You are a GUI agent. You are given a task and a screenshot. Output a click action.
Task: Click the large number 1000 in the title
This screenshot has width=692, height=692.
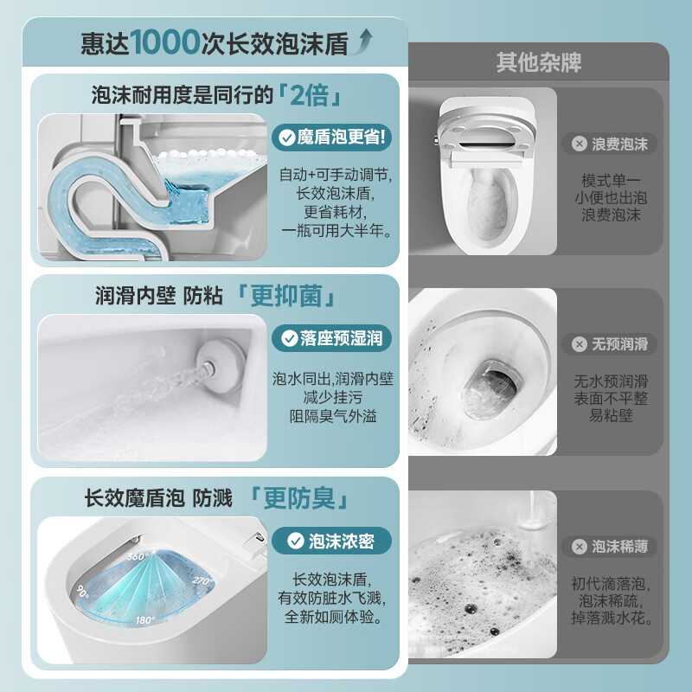(165, 42)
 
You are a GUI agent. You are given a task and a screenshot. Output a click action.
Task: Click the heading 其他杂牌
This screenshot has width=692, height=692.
(538, 62)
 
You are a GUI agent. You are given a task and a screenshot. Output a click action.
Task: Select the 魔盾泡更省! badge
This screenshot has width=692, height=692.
(332, 138)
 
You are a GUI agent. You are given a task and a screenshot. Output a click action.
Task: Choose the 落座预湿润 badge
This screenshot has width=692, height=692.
(332, 338)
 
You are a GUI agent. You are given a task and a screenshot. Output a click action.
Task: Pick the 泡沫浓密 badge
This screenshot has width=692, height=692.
(332, 541)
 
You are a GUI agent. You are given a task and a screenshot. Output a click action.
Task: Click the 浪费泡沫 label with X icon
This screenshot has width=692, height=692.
(610, 144)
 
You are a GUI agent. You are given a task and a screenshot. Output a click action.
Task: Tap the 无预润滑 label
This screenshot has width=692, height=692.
(610, 343)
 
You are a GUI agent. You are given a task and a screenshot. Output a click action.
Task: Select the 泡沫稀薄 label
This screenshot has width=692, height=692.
(610, 547)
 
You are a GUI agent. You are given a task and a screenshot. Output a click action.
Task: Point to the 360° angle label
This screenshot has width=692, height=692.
(138, 556)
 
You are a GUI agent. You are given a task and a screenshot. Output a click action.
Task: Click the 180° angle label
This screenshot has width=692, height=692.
(145, 620)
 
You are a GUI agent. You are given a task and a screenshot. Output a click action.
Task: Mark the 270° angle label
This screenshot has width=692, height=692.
(202, 580)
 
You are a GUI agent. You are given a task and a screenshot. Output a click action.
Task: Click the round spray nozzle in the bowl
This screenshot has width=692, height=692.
(220, 366)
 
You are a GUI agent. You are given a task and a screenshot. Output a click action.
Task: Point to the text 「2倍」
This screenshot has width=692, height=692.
(310, 95)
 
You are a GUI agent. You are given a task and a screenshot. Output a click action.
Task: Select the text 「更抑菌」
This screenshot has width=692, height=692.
(286, 296)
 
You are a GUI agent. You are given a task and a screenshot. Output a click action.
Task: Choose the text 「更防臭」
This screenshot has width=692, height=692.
(299, 498)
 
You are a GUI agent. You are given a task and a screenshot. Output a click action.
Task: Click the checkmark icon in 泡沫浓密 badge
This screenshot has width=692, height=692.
(295, 541)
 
